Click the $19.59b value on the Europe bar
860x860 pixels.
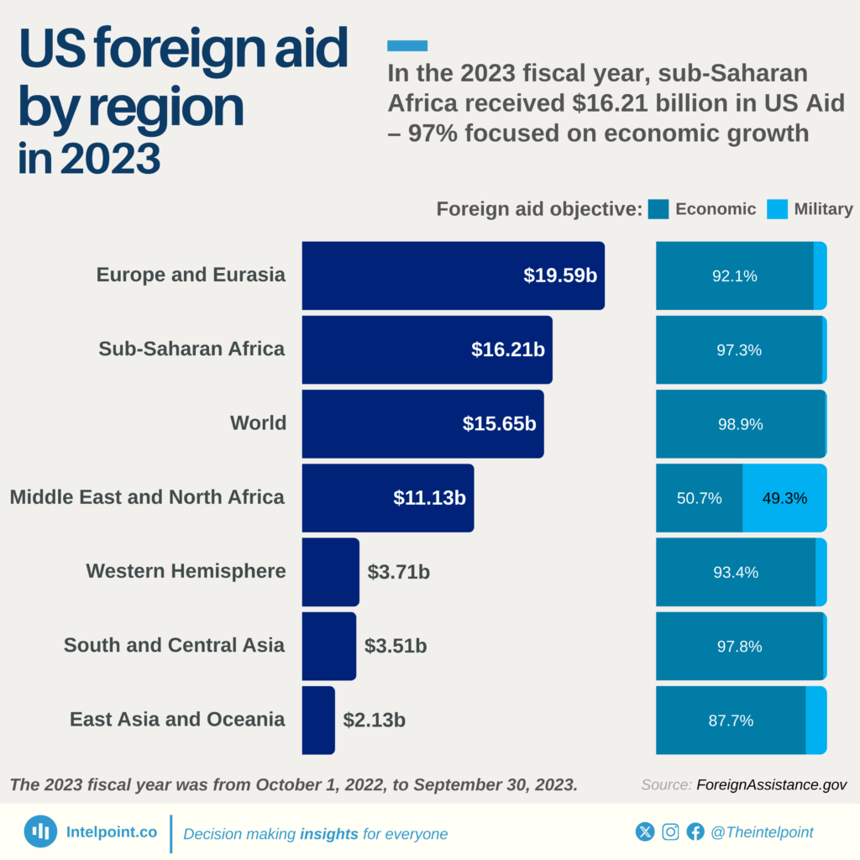[559, 275]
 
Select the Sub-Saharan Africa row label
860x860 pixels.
[191, 349]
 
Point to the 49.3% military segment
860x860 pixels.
[784, 498]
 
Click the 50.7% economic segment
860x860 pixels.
[699, 498]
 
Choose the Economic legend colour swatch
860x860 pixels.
[658, 209]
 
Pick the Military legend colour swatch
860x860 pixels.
[778, 209]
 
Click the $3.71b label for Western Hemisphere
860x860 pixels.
[399, 572]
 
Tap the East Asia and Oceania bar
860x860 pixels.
[318, 720]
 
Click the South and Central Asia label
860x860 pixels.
[174, 645]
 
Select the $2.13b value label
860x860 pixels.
[374, 720]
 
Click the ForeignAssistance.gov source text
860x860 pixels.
[771, 784]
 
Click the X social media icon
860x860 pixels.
[644, 831]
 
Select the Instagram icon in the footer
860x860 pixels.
[670, 831]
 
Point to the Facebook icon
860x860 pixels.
[695, 831]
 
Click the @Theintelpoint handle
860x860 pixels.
[762, 832]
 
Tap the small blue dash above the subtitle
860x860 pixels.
[407, 45]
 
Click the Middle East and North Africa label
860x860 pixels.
[147, 497]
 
